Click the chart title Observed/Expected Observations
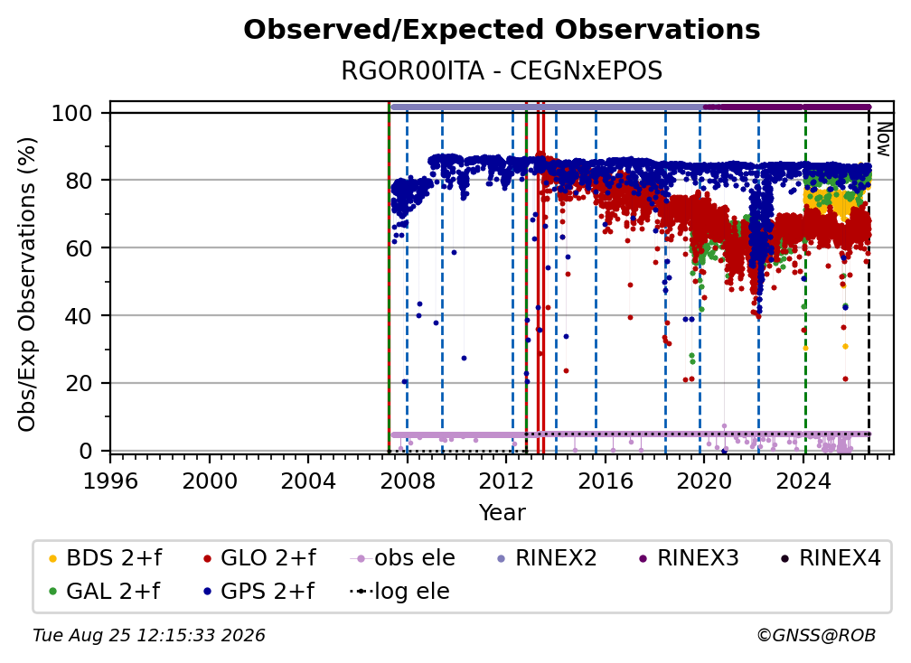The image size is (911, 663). click(502, 30)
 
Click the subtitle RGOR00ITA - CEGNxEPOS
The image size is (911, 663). click(502, 71)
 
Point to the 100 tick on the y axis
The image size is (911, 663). click(72, 113)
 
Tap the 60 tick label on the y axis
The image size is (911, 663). click(79, 248)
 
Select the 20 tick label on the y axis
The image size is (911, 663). click(79, 384)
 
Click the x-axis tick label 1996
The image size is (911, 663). click(110, 481)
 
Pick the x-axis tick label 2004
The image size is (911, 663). click(308, 481)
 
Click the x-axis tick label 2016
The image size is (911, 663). click(605, 481)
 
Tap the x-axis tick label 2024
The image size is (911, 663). click(803, 481)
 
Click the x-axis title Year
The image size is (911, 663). click(502, 513)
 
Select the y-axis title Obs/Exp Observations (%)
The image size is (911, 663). click(27, 285)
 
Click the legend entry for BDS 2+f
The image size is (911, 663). click(106, 558)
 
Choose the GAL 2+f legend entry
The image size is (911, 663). click(105, 592)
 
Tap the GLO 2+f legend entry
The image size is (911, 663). click(259, 558)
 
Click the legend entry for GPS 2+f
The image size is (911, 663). click(258, 592)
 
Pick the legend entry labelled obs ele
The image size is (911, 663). click(403, 558)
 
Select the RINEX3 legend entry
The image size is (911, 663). click(689, 558)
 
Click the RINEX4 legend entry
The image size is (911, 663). click(831, 558)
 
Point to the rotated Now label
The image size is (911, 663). click(883, 139)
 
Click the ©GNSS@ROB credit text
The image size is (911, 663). click(816, 636)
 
